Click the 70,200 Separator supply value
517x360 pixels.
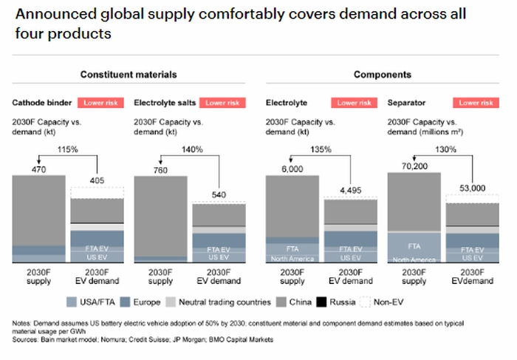pos(414,167)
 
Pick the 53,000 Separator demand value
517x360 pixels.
pos(473,189)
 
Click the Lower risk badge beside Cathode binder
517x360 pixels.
pos(102,103)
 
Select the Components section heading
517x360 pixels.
pos(383,75)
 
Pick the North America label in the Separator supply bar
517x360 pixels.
pos(414,259)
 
